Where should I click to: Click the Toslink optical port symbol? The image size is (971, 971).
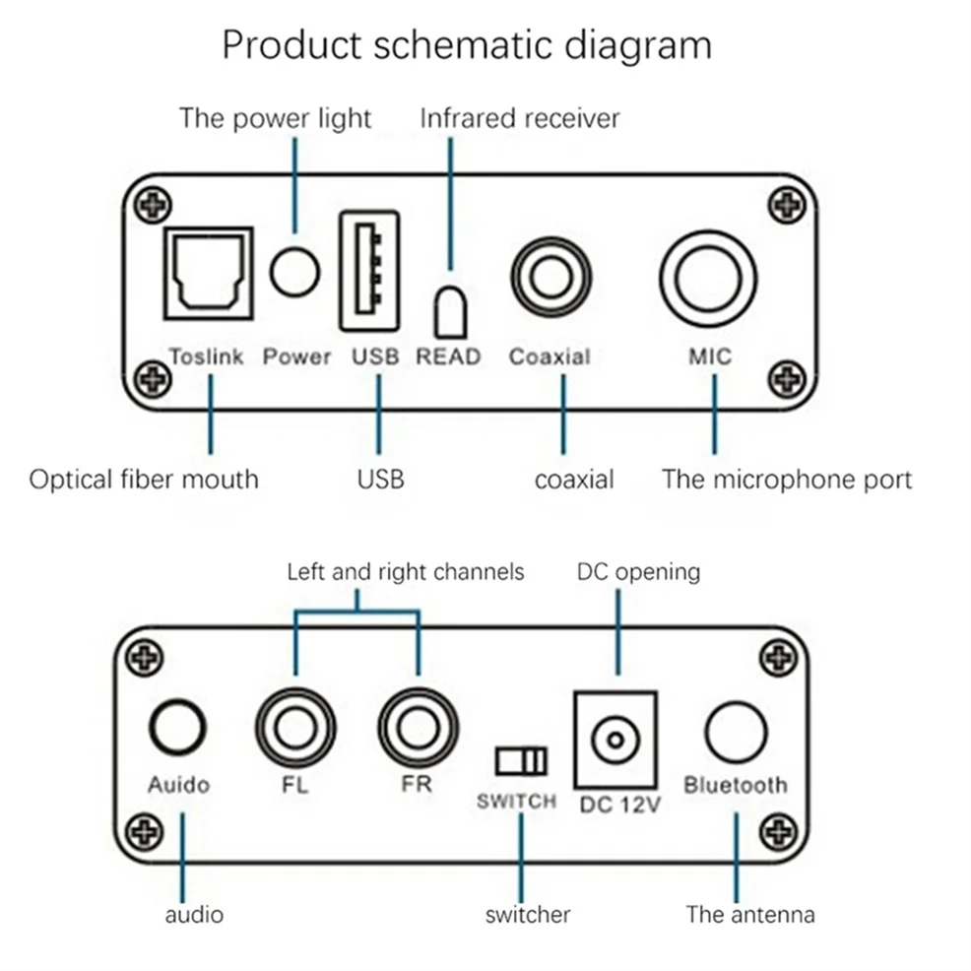[208, 272]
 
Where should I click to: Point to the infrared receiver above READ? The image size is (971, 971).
[450, 314]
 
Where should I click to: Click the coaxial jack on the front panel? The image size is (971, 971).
[550, 272]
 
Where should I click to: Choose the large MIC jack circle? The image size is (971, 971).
[709, 272]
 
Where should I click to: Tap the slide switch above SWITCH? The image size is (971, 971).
[521, 761]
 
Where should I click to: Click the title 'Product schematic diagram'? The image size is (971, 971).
[466, 45]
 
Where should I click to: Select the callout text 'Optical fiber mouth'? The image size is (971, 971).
[144, 480]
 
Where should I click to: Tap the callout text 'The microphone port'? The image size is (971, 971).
[786, 480]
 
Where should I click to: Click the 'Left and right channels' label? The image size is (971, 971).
[406, 571]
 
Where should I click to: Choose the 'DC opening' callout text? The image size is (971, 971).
[638, 571]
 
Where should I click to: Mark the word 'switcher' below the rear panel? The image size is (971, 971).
[528, 914]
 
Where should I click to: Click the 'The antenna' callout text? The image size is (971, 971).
[750, 914]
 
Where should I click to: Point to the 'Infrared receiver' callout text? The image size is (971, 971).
[520, 119]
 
